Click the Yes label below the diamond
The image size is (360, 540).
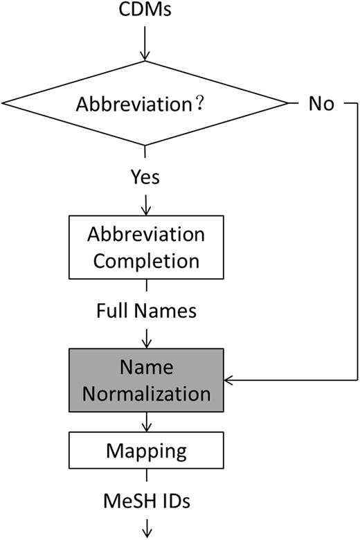pyautogui.click(x=145, y=177)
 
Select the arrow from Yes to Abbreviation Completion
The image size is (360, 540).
pyautogui.click(x=145, y=204)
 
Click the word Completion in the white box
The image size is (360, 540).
pyautogui.click(x=146, y=261)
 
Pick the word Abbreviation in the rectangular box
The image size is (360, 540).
pyautogui.click(x=146, y=233)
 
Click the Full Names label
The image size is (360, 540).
pyautogui.click(x=145, y=311)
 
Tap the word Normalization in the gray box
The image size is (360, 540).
pyautogui.click(x=145, y=393)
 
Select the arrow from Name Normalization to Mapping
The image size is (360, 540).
pyautogui.click(x=145, y=422)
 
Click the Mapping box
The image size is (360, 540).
pyautogui.click(x=145, y=451)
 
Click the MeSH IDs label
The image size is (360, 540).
pyautogui.click(x=145, y=498)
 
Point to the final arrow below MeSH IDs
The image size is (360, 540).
pyautogui.click(x=145, y=528)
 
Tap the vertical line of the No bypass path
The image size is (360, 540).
pyautogui.click(x=355, y=242)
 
